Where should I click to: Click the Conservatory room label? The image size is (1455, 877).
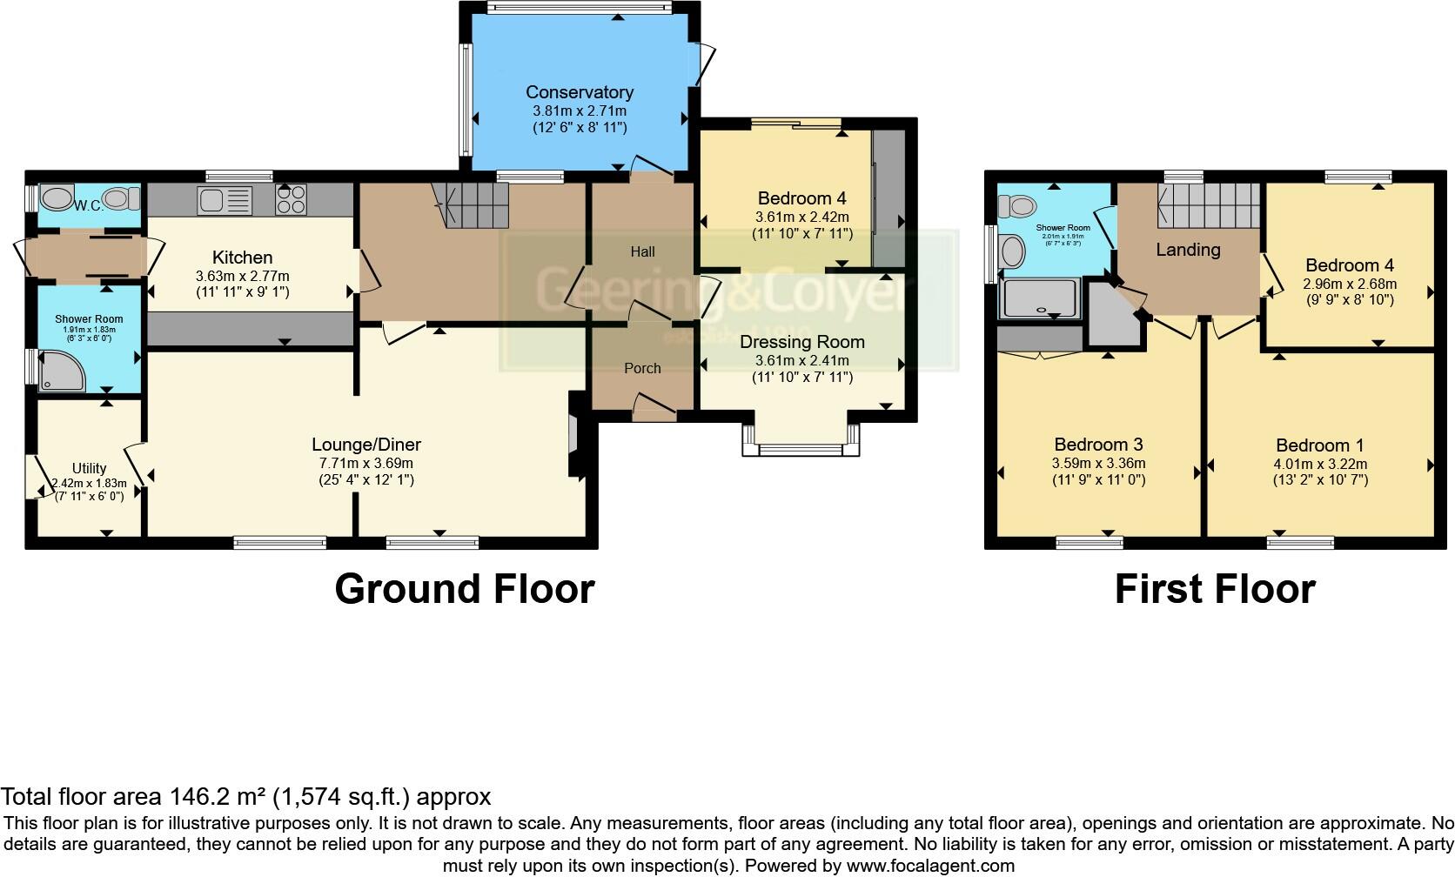579,92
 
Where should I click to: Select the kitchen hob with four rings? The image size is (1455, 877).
291,200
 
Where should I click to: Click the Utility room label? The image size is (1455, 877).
89,468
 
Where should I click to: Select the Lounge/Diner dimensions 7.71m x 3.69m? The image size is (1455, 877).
366,463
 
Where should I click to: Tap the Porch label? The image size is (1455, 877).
642,369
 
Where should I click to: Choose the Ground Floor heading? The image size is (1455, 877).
464,589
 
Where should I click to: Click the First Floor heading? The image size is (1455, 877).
1214,589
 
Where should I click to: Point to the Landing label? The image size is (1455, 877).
1188,251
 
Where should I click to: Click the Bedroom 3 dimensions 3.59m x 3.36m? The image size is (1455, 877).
1098,463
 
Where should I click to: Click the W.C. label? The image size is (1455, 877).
88,206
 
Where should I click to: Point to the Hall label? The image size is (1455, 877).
642,252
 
